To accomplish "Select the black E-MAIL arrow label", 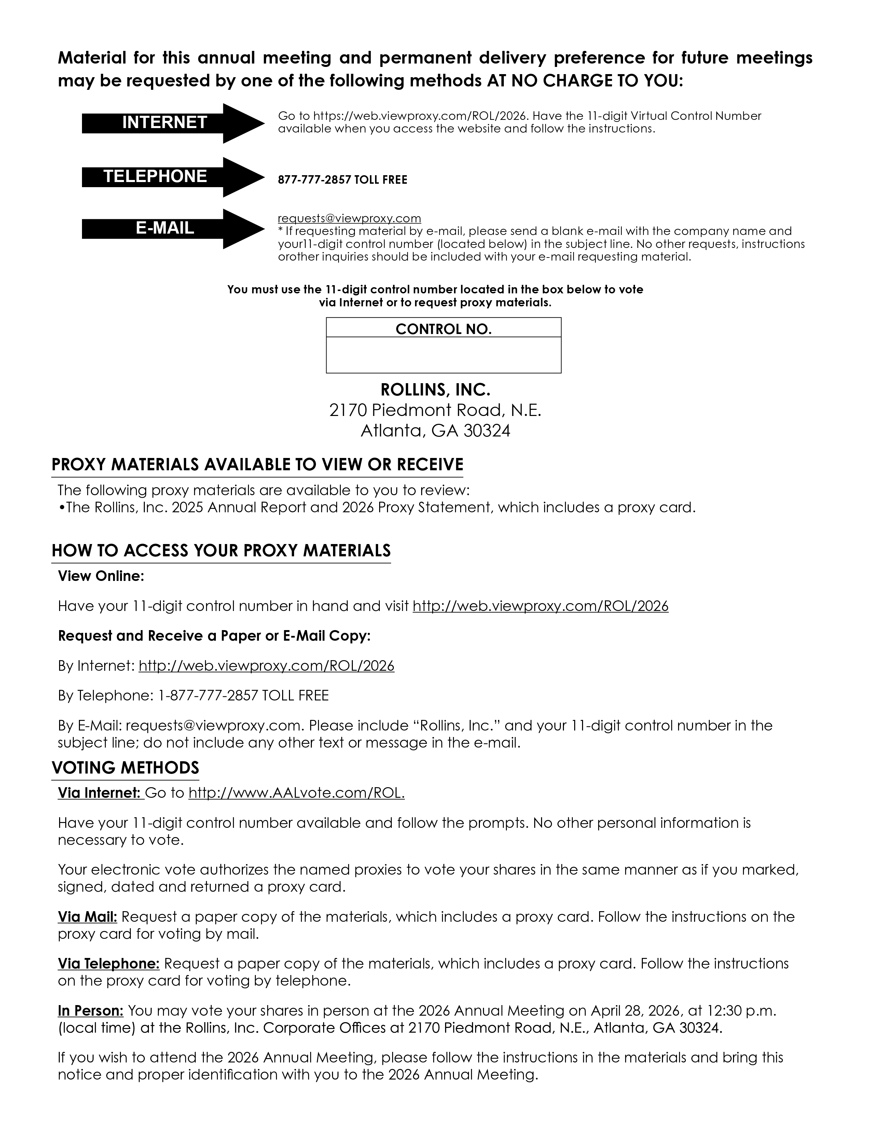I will (x=165, y=228).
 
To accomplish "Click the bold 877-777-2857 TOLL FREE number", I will (x=342, y=180).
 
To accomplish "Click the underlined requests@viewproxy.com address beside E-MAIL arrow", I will (x=349, y=218).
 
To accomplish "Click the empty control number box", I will (x=443, y=355).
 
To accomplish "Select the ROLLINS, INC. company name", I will (x=435, y=390).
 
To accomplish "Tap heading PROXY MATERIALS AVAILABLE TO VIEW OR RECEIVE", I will (x=257, y=465).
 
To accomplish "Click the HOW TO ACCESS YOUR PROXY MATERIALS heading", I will (x=221, y=551).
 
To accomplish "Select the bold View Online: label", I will (x=101, y=576).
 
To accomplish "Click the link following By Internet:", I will (x=266, y=666).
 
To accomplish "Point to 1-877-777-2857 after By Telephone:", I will (x=207, y=696).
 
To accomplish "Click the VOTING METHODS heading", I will (x=125, y=768).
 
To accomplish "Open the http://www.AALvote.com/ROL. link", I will (x=296, y=793).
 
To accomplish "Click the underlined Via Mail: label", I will (x=87, y=917).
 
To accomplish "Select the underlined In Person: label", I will (x=90, y=1011).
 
